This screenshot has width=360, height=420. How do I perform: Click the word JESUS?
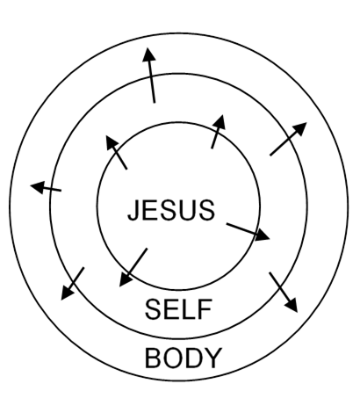pyautogui.click(x=171, y=210)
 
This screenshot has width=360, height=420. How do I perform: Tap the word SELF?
pyautogui.click(x=178, y=309)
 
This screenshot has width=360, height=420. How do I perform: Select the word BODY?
pyautogui.click(x=184, y=358)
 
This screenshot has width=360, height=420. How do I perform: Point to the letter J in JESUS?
pyautogui.click(x=133, y=210)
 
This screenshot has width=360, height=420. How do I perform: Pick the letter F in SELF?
pyautogui.click(x=205, y=309)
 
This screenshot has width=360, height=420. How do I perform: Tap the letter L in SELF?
pyautogui.click(x=191, y=309)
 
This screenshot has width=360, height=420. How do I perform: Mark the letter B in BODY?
pyautogui.click(x=153, y=358)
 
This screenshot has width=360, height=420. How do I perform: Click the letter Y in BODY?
pyautogui.click(x=212, y=358)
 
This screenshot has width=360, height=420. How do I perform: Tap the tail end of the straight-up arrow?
pyautogui.click(x=155, y=103)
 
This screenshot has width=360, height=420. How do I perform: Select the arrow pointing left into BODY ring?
pyautogui.click(x=46, y=188)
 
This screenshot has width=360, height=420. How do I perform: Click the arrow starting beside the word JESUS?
pyautogui.click(x=248, y=232)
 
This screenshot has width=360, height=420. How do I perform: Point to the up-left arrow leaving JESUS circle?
pyautogui.click(x=117, y=152)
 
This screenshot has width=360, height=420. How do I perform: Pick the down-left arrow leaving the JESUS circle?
pyautogui.click(x=133, y=267)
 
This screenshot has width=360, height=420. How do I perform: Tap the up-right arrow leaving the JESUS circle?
pyautogui.click(x=219, y=132)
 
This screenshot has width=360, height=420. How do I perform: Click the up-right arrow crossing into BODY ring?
pyautogui.click(x=288, y=139)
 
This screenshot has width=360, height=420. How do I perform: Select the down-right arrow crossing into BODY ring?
pyautogui.click(x=284, y=293)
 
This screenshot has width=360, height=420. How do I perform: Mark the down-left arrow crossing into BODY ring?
pyautogui.click(x=72, y=284)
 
